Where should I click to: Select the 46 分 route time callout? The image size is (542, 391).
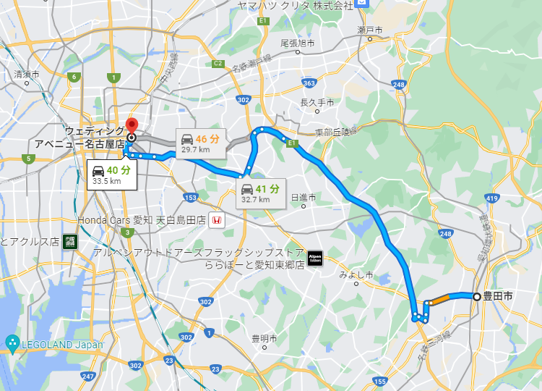coord(202,142)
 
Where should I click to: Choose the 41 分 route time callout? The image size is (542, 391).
coord(261,193)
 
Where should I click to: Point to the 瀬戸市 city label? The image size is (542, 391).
coord(369,30)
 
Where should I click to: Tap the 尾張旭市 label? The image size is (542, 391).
coord(297,43)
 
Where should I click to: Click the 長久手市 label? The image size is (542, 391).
coord(317,103)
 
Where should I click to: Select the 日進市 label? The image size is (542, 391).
coord(304,197)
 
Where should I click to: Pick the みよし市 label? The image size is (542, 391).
coord(356,274)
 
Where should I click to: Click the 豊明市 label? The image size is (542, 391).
coord(264,338)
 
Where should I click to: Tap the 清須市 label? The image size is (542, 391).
coord(27,74)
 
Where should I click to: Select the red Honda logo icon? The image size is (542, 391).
coord(218,220)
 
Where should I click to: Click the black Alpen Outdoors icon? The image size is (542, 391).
coord(314,258)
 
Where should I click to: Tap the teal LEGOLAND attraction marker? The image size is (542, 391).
coord(12,342)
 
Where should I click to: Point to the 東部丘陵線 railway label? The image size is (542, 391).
coord(336,133)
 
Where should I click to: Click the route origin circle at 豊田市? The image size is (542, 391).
coord(476,296)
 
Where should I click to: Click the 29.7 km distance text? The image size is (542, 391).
coord(195,150)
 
